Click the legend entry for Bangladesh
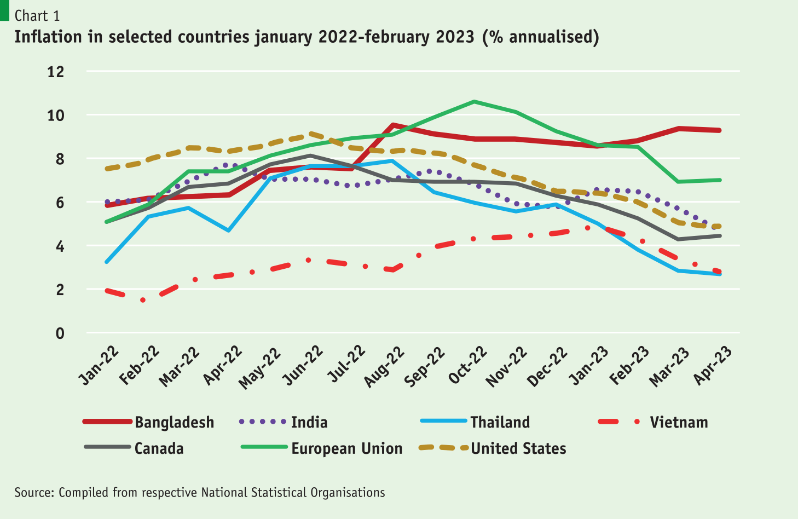tap(174, 422)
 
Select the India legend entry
tap(309, 422)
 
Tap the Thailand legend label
tap(500, 422)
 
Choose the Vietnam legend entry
tap(679, 422)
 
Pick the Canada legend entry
tap(159, 448)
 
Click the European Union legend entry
tap(346, 448)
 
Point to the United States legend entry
tap(518, 448)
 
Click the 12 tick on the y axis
tap(55, 72)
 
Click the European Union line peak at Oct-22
tap(474, 101)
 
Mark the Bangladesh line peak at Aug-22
tap(392, 125)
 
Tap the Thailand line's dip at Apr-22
tap(228, 230)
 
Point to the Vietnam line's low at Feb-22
tap(143, 300)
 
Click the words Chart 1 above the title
tap(37, 16)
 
